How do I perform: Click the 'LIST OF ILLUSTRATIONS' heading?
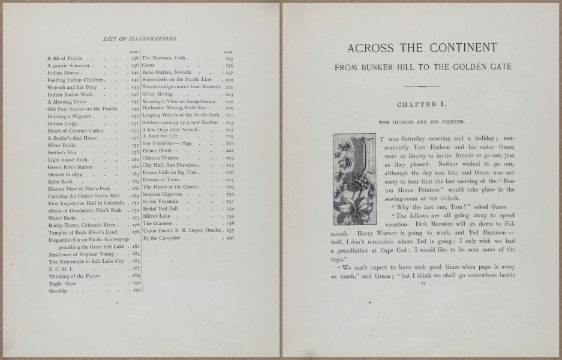coord(140,38)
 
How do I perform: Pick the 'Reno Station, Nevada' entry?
coord(166,72)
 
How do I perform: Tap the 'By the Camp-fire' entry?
coord(162,238)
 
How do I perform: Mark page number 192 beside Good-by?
coord(136,291)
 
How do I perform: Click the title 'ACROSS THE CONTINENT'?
coord(422,48)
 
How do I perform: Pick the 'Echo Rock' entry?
coord(60,181)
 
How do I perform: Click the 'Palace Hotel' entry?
coord(157,151)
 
